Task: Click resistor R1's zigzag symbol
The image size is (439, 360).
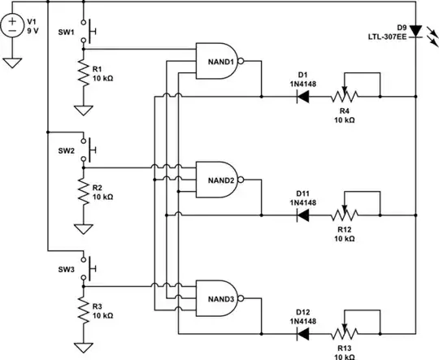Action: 83,74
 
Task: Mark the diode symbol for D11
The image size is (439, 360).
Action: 302,215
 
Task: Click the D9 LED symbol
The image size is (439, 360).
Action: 415,31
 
